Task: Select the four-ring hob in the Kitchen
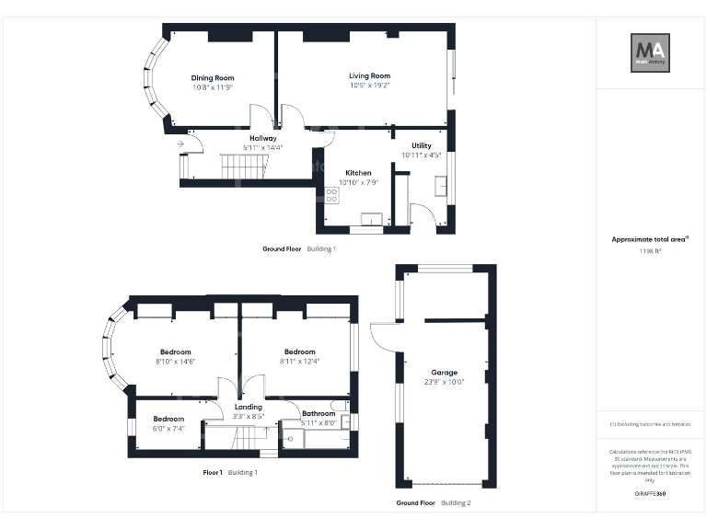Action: (331, 195)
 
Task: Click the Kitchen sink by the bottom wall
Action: (372, 219)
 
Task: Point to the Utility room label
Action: (422, 145)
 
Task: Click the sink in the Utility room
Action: (438, 189)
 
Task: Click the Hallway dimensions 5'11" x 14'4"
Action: (262, 148)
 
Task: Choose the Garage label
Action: (440, 373)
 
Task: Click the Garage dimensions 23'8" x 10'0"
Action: (440, 383)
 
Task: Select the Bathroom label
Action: (319, 414)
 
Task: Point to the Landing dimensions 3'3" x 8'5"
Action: (249, 417)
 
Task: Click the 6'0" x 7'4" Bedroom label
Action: (168, 419)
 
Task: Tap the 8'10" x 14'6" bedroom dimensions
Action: (175, 362)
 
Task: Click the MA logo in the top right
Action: (649, 52)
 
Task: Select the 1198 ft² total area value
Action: (650, 250)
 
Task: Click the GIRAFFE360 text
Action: (650, 494)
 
